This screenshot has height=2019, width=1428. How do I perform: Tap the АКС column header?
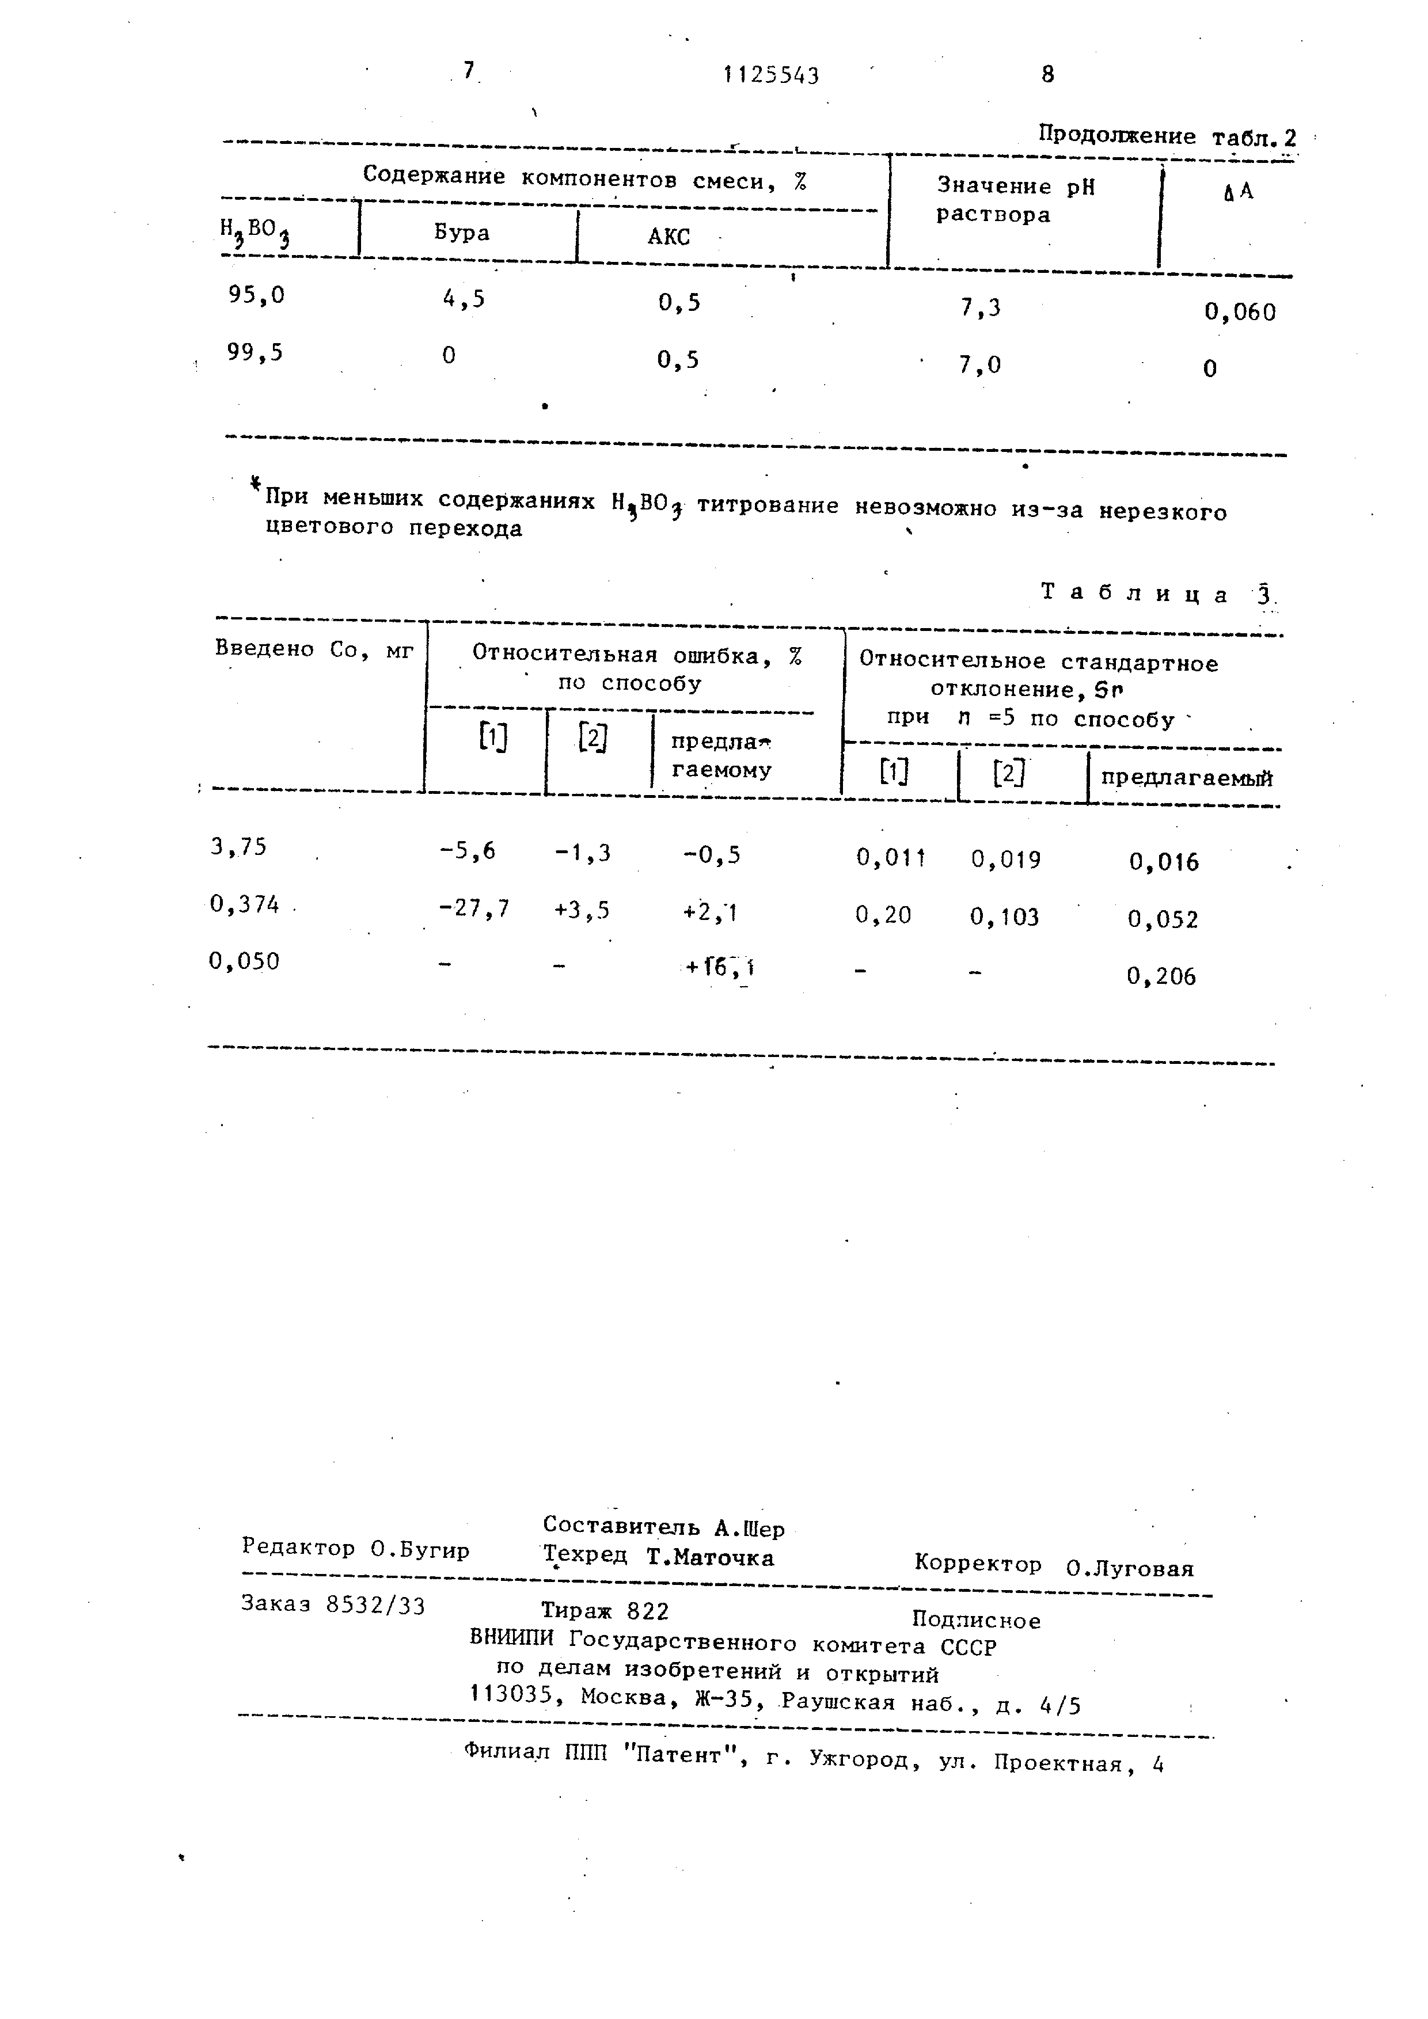[669, 237]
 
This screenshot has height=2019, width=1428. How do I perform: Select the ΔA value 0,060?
[1240, 312]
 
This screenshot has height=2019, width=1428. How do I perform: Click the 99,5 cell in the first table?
[255, 353]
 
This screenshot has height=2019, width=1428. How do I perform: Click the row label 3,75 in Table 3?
[238, 847]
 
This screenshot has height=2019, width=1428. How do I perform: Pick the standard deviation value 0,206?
[1161, 976]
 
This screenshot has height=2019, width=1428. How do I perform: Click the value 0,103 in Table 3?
[1004, 917]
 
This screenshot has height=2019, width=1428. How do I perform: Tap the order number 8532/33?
[375, 1606]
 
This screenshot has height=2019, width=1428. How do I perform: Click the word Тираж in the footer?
[576, 1610]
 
